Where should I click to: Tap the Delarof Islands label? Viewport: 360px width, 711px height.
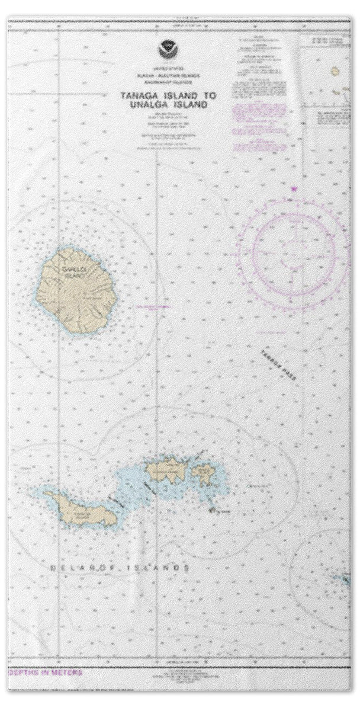click(119, 568)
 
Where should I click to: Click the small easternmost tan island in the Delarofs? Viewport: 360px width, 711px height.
click(205, 473)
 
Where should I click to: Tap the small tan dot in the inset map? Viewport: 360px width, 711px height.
click(335, 71)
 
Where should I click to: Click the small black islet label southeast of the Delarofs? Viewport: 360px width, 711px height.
click(221, 510)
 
